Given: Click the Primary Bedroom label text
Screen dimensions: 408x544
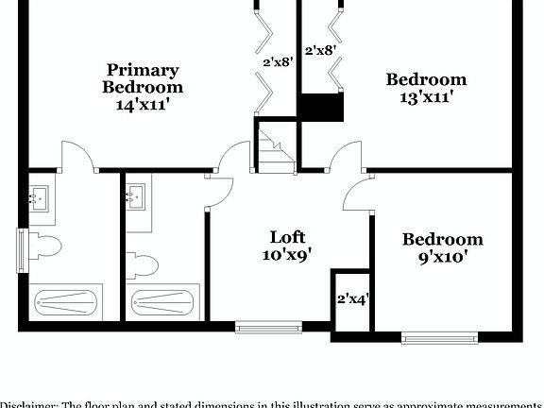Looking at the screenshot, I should point(143,78).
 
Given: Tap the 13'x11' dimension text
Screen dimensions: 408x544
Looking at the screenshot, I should point(426,96).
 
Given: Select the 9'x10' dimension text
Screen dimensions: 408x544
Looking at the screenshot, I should point(441,256).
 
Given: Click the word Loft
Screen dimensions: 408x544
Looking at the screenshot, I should point(287,236).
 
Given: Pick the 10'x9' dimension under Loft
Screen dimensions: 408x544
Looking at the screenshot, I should point(287,254).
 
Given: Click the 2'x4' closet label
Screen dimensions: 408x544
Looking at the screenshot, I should point(352,299).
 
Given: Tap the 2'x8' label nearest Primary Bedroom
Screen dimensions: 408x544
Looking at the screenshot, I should point(277,62).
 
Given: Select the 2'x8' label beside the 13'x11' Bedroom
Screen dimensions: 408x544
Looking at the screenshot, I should point(320,49).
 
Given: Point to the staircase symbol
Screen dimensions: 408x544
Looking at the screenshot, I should point(276,150).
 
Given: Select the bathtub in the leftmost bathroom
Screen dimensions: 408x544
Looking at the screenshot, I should point(67,303).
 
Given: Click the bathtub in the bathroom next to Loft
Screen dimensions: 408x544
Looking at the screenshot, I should point(163,303).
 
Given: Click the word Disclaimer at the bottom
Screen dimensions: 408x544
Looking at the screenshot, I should point(29,403).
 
